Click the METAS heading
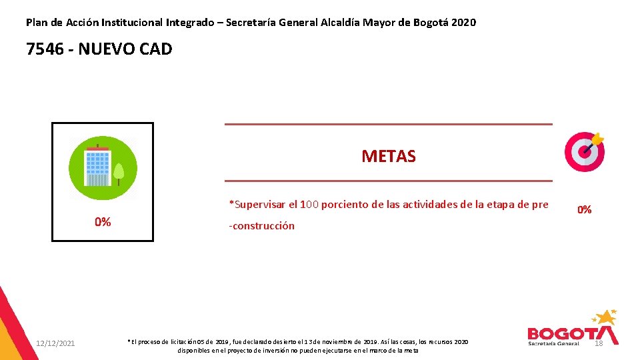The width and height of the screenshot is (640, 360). [x=388, y=157]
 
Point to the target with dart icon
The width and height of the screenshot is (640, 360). [x=585, y=151]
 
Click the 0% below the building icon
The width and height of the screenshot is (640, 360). [x=102, y=222]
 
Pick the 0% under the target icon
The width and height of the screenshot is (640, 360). [x=584, y=209]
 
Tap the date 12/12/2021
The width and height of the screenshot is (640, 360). [x=55, y=343]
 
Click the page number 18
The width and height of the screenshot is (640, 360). [x=598, y=343]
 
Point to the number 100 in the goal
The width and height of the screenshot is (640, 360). [x=309, y=205]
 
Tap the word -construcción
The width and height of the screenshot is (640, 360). [x=261, y=226]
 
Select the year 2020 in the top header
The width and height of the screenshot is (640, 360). [x=463, y=23]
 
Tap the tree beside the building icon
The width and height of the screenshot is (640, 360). [x=119, y=173]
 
